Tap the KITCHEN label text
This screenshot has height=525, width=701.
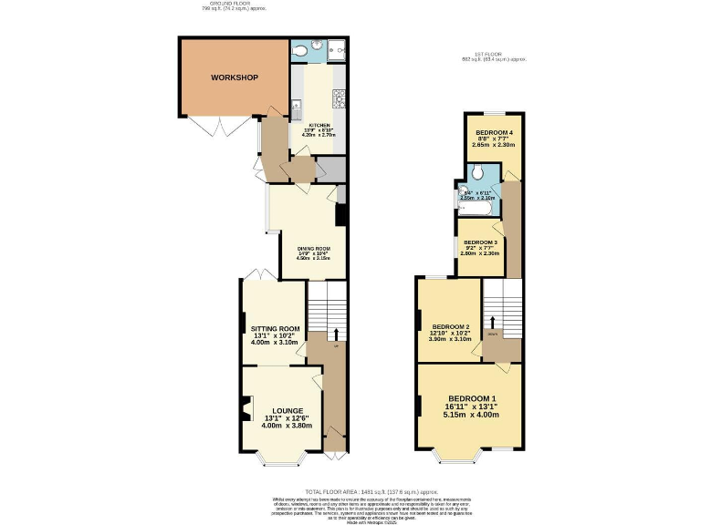(319, 125)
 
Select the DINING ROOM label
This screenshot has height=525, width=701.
(313, 249)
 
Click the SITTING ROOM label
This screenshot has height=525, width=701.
(275, 329)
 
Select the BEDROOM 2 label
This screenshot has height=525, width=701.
(450, 327)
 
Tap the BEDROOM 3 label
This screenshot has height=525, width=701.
(480, 242)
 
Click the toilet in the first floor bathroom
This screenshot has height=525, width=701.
(478, 173)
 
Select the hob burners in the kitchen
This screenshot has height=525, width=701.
(338, 98)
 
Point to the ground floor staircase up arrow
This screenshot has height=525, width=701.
(337, 335)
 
